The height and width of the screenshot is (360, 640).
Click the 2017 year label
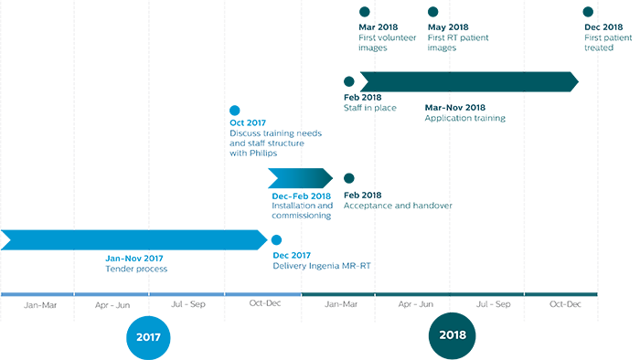pos(148,336)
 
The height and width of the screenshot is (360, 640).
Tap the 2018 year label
pos(451,336)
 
